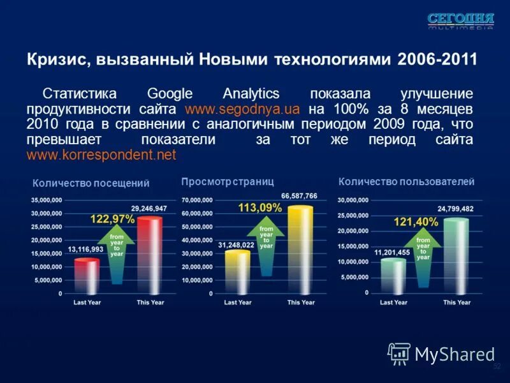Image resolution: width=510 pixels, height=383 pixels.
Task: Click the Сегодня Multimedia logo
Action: click(460, 20)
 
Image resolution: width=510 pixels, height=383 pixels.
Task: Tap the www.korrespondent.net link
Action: click(101, 155)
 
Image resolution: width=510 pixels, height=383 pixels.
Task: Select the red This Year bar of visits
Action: click(150, 255)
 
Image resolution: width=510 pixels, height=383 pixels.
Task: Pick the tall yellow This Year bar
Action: click(300, 250)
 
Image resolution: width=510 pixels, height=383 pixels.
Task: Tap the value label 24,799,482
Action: click(455, 209)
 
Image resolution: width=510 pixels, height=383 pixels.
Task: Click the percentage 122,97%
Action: click(112, 219)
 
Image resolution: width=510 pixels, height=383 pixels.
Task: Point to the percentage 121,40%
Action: click(416, 222)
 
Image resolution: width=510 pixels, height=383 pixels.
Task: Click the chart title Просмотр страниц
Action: click(227, 182)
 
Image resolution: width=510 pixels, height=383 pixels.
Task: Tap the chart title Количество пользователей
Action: click(406, 182)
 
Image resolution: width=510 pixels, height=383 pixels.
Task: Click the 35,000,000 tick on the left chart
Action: click(47, 200)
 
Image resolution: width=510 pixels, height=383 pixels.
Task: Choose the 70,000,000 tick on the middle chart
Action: click(197, 200)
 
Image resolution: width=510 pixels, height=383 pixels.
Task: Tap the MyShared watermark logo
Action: click(441, 354)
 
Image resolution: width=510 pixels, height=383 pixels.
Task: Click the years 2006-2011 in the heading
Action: click(437, 60)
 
